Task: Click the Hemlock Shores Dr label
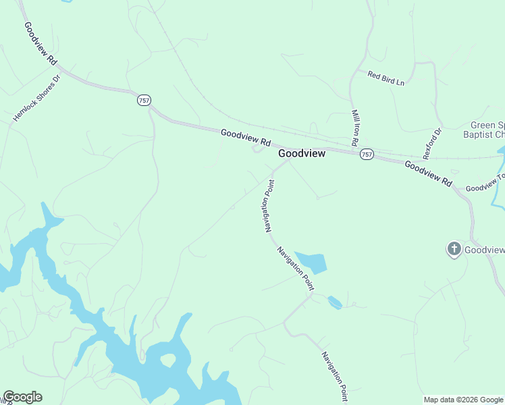(x=36, y=99)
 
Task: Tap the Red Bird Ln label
(x=386, y=78)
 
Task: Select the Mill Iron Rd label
(x=354, y=128)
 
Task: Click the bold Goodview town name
(x=302, y=154)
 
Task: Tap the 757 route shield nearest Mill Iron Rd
(x=366, y=155)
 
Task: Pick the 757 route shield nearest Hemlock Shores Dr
(x=143, y=100)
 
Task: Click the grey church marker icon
(x=454, y=250)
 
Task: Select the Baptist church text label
(x=487, y=130)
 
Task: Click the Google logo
(x=22, y=397)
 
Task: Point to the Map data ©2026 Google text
(x=464, y=400)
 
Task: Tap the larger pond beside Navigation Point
(x=313, y=262)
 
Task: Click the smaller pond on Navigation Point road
(x=335, y=302)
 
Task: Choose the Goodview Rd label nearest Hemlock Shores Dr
(x=41, y=43)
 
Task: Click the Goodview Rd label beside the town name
(x=245, y=138)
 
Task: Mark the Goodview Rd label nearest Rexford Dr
(x=428, y=174)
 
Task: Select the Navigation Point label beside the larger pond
(x=296, y=269)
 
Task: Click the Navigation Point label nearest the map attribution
(x=335, y=375)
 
